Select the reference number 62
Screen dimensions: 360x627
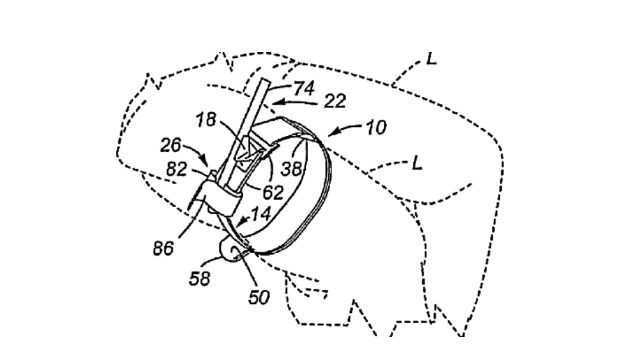point(272,191)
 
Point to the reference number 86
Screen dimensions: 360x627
point(162,248)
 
